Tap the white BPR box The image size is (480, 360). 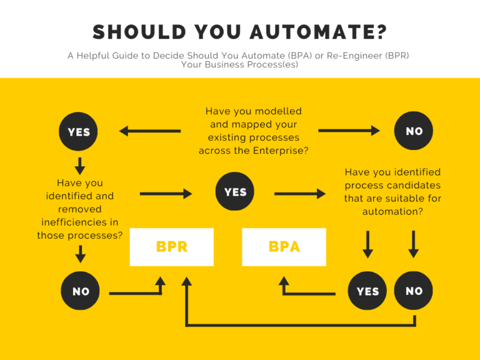[172, 247]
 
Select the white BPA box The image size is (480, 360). [284, 247]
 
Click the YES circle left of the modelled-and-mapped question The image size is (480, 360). [79, 132]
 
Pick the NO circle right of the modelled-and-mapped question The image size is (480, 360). [414, 131]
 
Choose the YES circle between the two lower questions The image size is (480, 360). [235, 192]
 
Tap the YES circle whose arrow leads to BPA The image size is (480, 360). [367, 291]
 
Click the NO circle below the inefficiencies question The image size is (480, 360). [81, 291]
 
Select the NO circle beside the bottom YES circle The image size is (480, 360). [414, 291]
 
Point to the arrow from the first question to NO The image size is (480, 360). [349, 131]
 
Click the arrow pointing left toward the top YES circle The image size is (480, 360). [150, 131]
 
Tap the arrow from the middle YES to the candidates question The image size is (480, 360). [299, 194]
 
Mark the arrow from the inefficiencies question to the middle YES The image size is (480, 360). [166, 194]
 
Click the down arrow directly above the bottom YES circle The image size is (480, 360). [367, 244]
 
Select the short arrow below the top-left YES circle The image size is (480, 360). [79, 166]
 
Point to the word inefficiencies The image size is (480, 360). [79, 222]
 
